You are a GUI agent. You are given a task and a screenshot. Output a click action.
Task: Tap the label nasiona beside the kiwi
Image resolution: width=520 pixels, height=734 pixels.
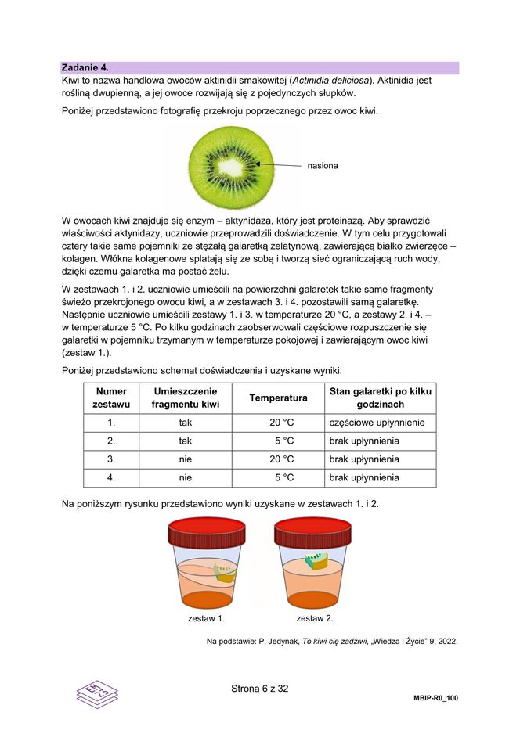pos(323,166)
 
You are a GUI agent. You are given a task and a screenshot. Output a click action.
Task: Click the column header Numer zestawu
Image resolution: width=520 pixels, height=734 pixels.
pos(111,398)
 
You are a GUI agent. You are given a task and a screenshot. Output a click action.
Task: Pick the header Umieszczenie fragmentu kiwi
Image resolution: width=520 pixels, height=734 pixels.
pos(186,398)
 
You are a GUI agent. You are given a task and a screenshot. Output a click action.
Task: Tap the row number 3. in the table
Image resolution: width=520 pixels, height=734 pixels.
pos(111,459)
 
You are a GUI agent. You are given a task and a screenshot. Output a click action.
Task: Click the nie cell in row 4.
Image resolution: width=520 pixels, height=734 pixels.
pos(186,477)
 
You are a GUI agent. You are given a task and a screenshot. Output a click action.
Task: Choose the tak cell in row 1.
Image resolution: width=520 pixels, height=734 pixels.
pos(186,423)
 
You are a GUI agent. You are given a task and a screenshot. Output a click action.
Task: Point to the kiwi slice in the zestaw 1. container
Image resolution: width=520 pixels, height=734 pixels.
pos(224,575)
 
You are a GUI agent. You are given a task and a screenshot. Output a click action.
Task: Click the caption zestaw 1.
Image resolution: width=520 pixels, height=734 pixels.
pos(206,619)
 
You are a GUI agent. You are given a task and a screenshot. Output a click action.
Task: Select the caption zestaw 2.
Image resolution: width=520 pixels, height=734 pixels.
pos(314,619)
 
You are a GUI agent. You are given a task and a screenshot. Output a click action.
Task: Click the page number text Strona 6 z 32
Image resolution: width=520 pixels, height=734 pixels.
pos(260,689)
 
